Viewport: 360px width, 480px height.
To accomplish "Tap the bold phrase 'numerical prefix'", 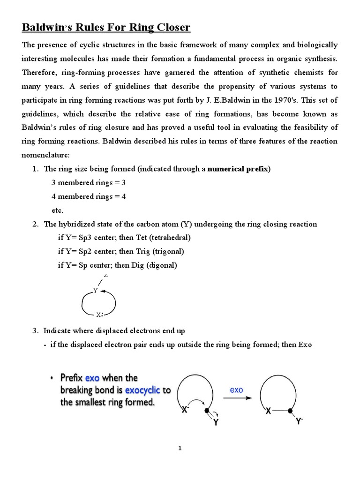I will pyautogui.click(x=239, y=169).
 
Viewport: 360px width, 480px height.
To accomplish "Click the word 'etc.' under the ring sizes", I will pyautogui.click(x=57, y=210).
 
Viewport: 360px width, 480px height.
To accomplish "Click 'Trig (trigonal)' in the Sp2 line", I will pyautogui.click(x=159, y=251).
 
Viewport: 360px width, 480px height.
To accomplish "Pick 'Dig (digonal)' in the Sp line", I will pyautogui.click(x=155, y=265).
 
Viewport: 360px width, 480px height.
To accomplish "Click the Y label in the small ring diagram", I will pyautogui.click(x=95, y=291).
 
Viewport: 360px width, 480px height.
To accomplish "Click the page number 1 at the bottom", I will pyautogui.click(x=180, y=449).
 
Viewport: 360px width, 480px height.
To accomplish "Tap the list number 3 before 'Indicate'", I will pyautogui.click(x=35, y=331).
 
